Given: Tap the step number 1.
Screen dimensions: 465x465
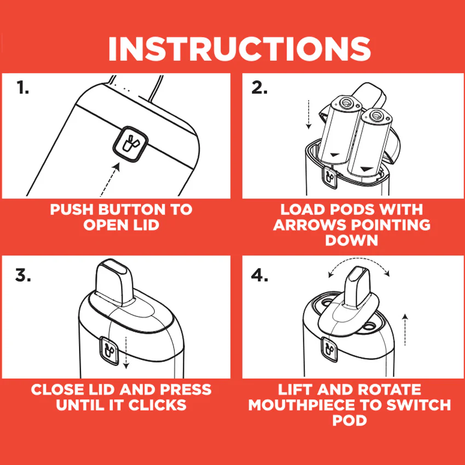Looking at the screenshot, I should tap(22, 88).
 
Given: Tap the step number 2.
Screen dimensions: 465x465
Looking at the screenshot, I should tap(260, 88).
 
